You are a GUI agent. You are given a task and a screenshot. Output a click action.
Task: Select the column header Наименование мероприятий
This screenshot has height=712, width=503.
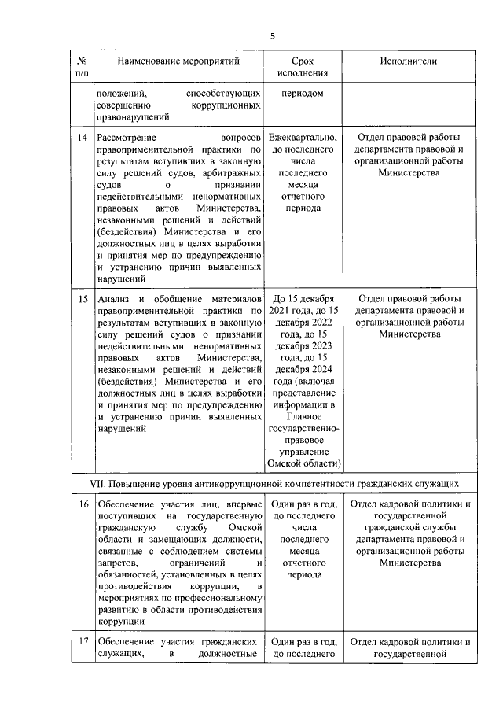tap(178, 61)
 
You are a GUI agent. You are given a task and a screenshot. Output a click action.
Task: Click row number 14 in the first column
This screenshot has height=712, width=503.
tap(82, 138)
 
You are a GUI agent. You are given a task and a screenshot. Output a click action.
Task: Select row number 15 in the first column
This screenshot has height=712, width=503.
tap(82, 299)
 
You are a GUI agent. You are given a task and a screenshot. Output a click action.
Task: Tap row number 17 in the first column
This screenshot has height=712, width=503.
tap(82, 641)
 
